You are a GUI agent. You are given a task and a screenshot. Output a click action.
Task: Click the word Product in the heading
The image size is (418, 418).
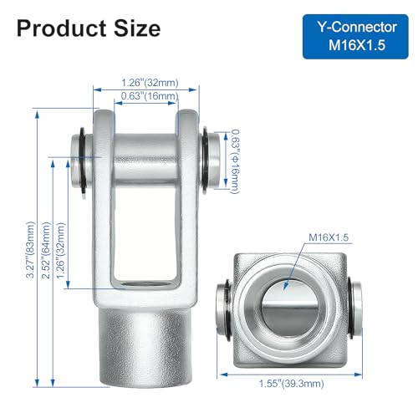[62, 28]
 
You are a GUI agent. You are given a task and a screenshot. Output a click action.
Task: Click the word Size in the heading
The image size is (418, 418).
[137, 28]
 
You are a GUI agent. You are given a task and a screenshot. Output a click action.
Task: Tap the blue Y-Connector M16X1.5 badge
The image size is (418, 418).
[355, 37]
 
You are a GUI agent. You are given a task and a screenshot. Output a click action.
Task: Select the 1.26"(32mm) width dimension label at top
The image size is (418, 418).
[150, 83]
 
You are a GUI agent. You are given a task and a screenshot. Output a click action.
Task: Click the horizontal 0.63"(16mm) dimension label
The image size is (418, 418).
[150, 96]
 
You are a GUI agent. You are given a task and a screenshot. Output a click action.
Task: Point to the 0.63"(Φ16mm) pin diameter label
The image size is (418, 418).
[235, 161]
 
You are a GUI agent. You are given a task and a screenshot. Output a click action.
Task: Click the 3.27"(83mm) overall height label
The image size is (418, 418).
[30, 250]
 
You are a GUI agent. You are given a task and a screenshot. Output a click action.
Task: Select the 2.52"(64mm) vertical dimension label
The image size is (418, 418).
[46, 250]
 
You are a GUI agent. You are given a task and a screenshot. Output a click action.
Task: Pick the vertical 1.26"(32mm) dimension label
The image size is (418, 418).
[60, 250]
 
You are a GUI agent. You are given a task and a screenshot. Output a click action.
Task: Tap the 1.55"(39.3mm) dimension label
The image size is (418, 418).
[292, 384]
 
